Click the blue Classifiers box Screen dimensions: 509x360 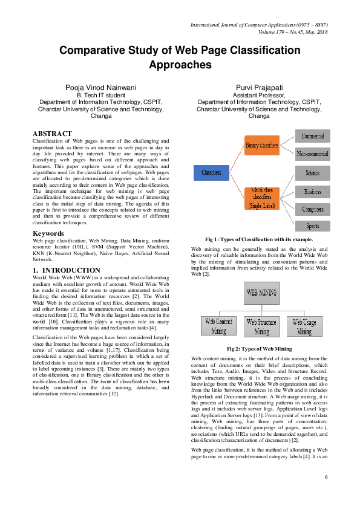coord(211,172)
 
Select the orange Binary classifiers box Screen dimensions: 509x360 coord(262,145)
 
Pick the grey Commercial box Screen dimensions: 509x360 coord(313,136)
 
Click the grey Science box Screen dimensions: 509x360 coord(313,173)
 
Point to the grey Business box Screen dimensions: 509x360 coord(313,192)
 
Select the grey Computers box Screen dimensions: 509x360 coord(313,209)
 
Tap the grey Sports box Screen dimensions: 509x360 coord(313,226)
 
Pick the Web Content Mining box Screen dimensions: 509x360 coord(219,326)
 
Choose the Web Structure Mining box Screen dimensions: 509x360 coord(262,326)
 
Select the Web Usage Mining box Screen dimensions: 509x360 coord(304,326)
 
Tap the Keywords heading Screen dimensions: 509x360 coord(48,233)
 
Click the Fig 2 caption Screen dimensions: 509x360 coord(259,349)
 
